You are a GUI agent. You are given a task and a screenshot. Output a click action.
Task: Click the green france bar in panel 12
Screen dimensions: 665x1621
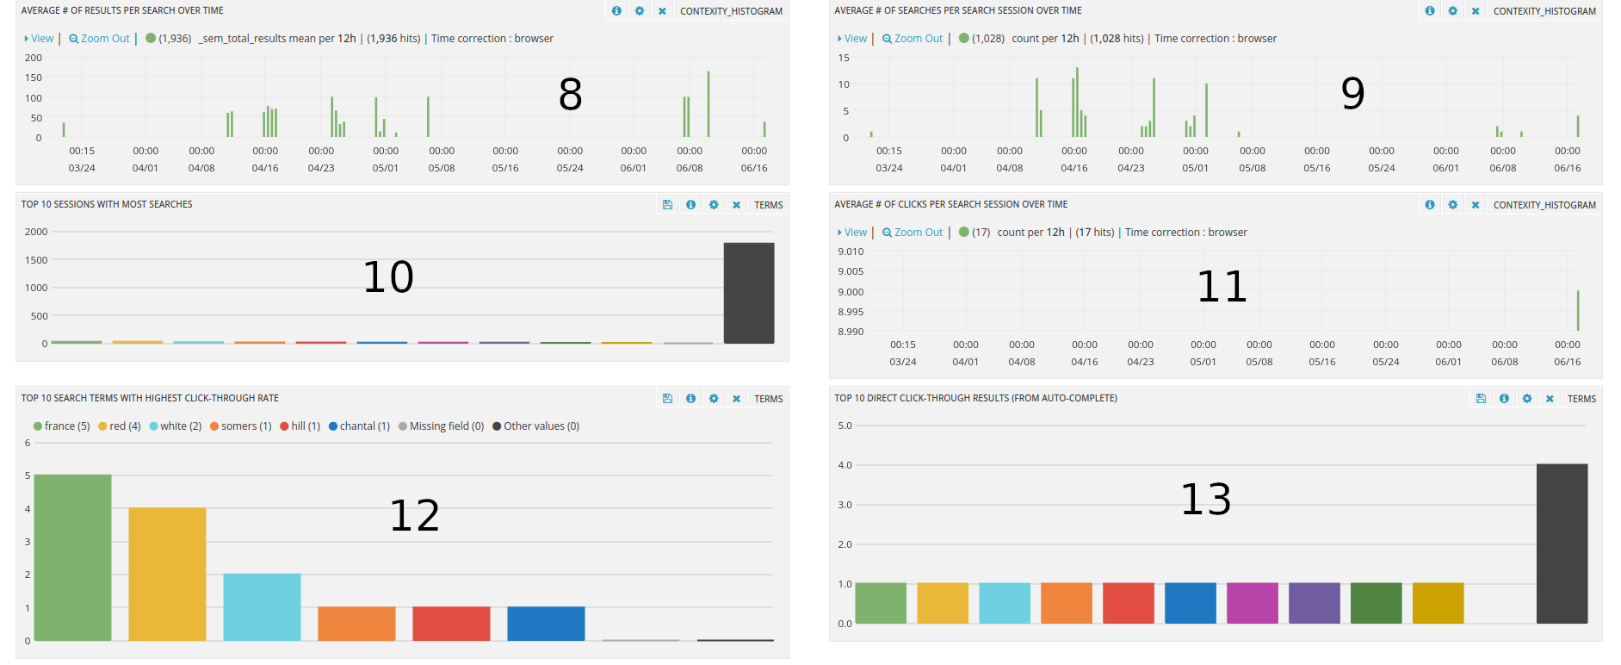point(72,557)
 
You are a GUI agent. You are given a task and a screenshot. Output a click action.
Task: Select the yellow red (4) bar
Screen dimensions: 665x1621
point(167,574)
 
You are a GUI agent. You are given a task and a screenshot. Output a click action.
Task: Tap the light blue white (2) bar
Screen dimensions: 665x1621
point(262,606)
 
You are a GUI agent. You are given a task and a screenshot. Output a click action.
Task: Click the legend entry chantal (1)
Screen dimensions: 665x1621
point(359,426)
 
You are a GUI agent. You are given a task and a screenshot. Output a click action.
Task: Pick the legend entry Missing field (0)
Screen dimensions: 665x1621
point(441,426)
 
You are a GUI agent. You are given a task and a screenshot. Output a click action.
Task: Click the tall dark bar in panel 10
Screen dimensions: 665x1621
point(748,293)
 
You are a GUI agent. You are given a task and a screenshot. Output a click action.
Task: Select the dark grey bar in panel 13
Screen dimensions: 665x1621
point(1562,544)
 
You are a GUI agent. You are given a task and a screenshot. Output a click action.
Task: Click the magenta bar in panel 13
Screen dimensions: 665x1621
point(1252,603)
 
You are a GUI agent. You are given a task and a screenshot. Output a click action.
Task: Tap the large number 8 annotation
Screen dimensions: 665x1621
point(570,94)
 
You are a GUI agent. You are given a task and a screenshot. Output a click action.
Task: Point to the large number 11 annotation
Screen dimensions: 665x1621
point(1222,286)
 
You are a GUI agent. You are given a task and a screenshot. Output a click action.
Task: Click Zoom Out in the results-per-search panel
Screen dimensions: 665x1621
point(100,39)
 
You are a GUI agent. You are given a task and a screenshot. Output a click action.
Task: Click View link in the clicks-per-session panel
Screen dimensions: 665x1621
point(854,233)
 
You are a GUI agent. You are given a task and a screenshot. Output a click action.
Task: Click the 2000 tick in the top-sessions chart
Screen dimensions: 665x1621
point(36,232)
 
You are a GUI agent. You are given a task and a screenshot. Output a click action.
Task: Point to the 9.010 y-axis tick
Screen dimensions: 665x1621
point(850,252)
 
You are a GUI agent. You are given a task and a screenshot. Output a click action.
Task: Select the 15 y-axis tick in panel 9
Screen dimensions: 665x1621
point(844,58)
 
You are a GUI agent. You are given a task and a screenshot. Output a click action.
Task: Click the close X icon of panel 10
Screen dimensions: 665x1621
point(736,205)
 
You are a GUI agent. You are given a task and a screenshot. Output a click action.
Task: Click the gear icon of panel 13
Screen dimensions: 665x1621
point(1526,399)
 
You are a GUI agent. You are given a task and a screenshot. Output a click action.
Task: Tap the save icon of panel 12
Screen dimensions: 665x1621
point(667,399)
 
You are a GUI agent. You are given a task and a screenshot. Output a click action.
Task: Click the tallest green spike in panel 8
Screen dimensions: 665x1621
point(708,103)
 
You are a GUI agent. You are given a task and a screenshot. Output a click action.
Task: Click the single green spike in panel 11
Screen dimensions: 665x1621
point(1578,310)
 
